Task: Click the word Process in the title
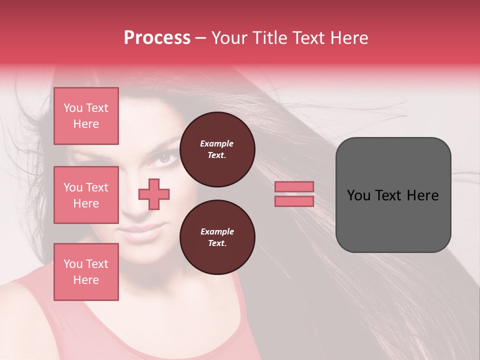click(157, 38)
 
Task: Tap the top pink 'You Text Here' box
click(86, 116)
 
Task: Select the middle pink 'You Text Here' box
click(86, 195)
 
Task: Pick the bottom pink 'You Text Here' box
click(86, 272)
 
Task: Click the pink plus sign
click(154, 193)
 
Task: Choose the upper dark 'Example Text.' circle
click(217, 149)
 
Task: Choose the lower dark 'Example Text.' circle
click(217, 237)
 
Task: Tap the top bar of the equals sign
click(294, 186)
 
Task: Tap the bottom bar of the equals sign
click(294, 201)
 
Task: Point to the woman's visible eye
click(165, 158)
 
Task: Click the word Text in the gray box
click(390, 195)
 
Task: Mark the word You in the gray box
click(358, 195)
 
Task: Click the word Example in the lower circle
click(217, 231)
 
